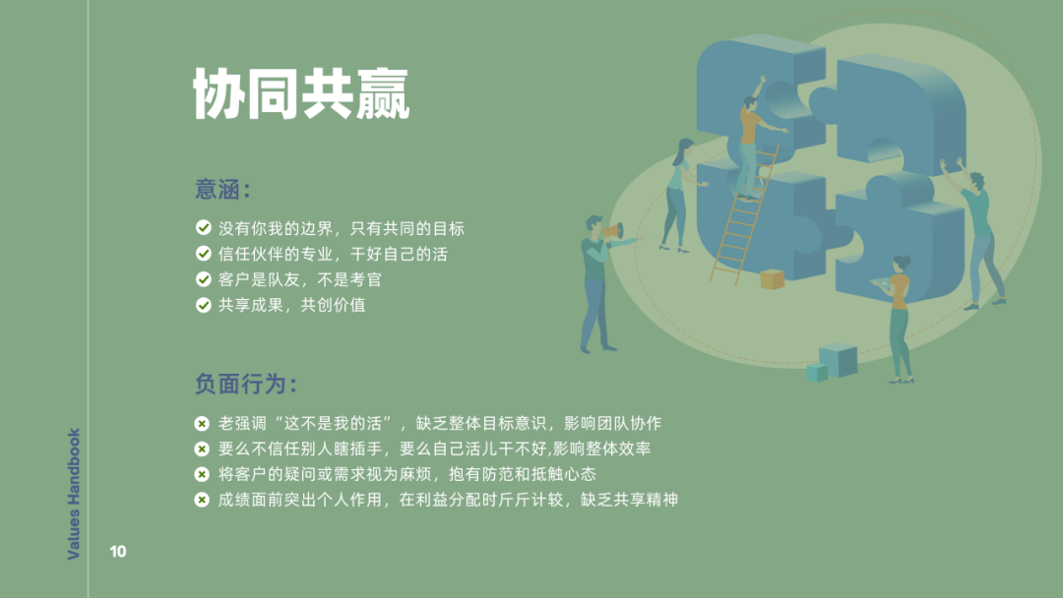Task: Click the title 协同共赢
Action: [301, 93]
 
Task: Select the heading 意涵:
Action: [223, 189]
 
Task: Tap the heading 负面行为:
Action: [246, 384]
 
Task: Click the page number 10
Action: [118, 551]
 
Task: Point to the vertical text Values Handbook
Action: [73, 494]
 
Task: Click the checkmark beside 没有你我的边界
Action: [204, 227]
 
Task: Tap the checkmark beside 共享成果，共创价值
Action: [204, 305]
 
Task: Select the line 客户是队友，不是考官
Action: [299, 279]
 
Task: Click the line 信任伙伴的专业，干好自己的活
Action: [333, 254]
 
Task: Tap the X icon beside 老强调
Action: [202, 423]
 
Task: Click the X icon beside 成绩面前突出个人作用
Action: [202, 500]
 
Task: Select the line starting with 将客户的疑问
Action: [406, 474]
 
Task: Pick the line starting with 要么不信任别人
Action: [434, 448]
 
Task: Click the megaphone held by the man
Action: [613, 231]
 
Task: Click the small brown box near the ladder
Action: [773, 279]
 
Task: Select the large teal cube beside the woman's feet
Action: [839, 360]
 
